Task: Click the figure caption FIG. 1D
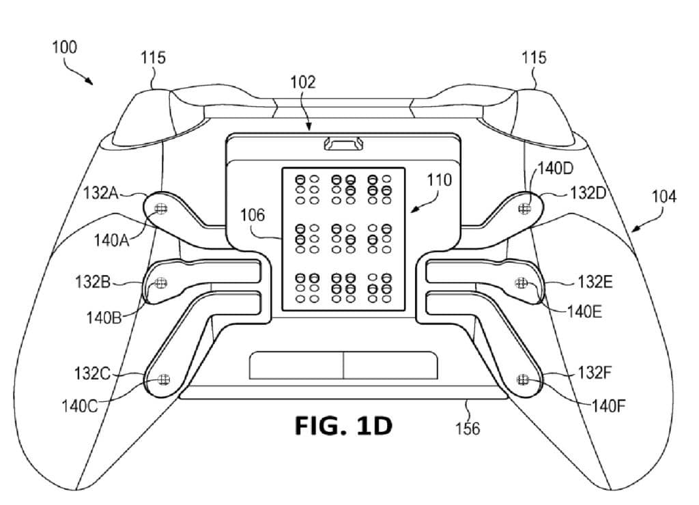tap(344, 426)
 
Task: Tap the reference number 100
tap(65, 47)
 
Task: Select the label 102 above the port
tap(302, 82)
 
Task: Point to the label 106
tap(253, 215)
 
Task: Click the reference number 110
tap(440, 180)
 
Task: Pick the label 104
tap(664, 197)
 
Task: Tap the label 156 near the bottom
tap(468, 429)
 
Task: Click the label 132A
tap(101, 193)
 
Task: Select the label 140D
tap(556, 169)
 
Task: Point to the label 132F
tap(595, 372)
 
